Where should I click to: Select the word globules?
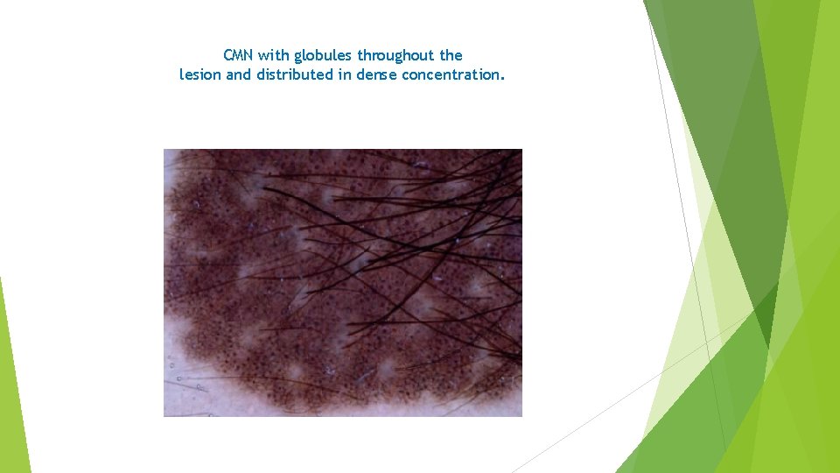coord(323,56)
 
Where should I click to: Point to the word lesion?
coord(200,75)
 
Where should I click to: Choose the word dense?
coord(376,75)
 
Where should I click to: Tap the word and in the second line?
coord(238,75)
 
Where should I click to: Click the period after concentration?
coord(502,78)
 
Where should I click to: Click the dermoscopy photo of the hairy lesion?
coord(342,282)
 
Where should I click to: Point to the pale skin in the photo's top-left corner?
coord(170,158)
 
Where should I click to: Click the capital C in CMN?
coord(228,56)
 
